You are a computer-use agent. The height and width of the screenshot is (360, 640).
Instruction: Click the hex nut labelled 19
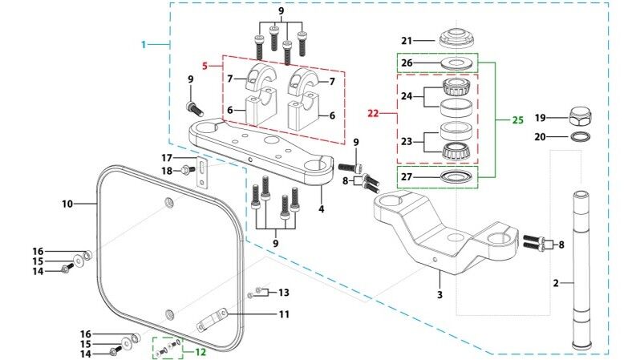click(580, 117)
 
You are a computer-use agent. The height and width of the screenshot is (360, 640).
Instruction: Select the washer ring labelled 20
click(580, 136)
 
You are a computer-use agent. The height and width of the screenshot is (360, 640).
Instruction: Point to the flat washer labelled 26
click(458, 63)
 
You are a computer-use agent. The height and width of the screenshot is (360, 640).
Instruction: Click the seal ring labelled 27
click(458, 176)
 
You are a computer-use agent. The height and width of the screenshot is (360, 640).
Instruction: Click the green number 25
click(517, 120)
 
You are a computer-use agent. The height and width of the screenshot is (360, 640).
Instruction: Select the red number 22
click(373, 114)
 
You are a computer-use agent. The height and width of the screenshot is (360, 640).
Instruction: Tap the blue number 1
click(144, 44)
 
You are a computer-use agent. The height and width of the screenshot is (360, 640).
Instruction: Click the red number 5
click(205, 66)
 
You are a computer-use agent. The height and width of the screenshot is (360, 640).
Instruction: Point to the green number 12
click(200, 352)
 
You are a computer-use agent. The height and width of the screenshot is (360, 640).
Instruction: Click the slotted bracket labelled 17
click(202, 172)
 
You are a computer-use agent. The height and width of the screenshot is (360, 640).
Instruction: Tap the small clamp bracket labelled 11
click(212, 320)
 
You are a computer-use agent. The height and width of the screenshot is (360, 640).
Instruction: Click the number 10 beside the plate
click(67, 204)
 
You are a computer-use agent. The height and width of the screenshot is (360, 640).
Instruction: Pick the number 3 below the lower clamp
click(439, 294)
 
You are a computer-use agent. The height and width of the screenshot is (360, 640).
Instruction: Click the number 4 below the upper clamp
click(322, 209)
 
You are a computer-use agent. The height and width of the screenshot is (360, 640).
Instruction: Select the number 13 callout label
click(284, 292)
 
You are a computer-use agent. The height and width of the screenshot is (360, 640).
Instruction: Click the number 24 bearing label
click(407, 96)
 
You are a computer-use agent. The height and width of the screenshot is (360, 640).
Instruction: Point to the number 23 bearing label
click(407, 142)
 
